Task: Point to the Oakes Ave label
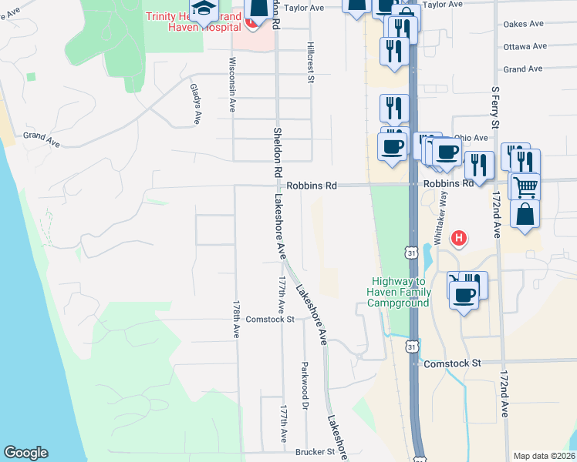[x=524, y=25]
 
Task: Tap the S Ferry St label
[x=494, y=107]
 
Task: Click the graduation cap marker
[x=204, y=10]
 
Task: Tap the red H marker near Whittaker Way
[x=460, y=239]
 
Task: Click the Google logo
[x=25, y=453]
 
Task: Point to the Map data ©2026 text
[x=544, y=456]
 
